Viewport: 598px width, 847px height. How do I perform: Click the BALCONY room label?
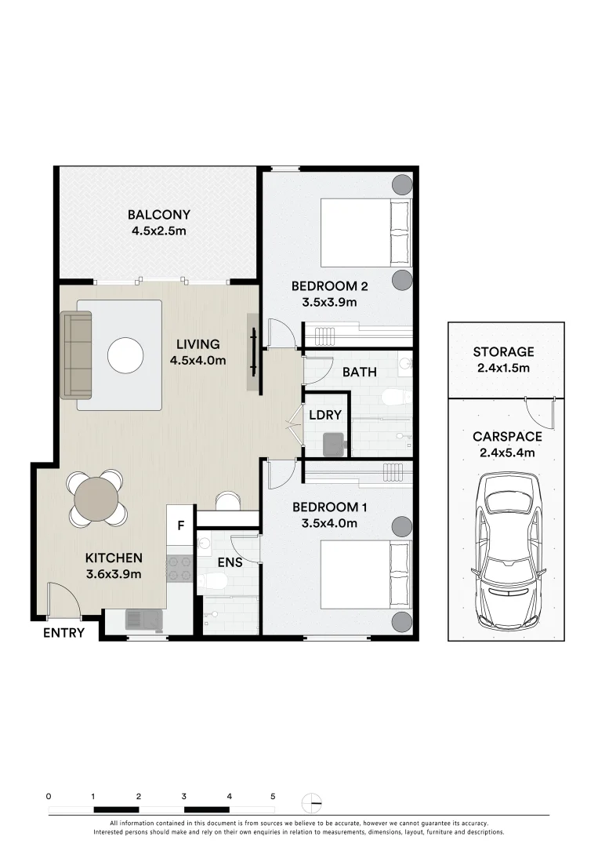click(158, 214)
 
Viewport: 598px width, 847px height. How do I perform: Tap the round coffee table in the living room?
click(125, 355)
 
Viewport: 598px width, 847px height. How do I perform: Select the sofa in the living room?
click(75, 355)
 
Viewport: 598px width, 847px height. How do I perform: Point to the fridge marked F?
click(181, 525)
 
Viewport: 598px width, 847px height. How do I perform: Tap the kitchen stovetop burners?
click(179, 569)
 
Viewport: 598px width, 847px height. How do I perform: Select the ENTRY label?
click(63, 633)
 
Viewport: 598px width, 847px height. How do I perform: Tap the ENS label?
click(230, 562)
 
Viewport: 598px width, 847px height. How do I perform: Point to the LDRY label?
click(325, 415)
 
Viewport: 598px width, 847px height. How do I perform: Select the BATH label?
click(360, 373)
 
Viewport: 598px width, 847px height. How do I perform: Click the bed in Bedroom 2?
click(366, 233)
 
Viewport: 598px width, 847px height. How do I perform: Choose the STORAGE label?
click(503, 352)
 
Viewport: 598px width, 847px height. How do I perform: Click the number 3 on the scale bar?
click(184, 796)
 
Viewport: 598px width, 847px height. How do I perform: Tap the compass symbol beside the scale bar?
click(313, 804)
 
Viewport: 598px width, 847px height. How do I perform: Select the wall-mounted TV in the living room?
click(253, 351)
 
